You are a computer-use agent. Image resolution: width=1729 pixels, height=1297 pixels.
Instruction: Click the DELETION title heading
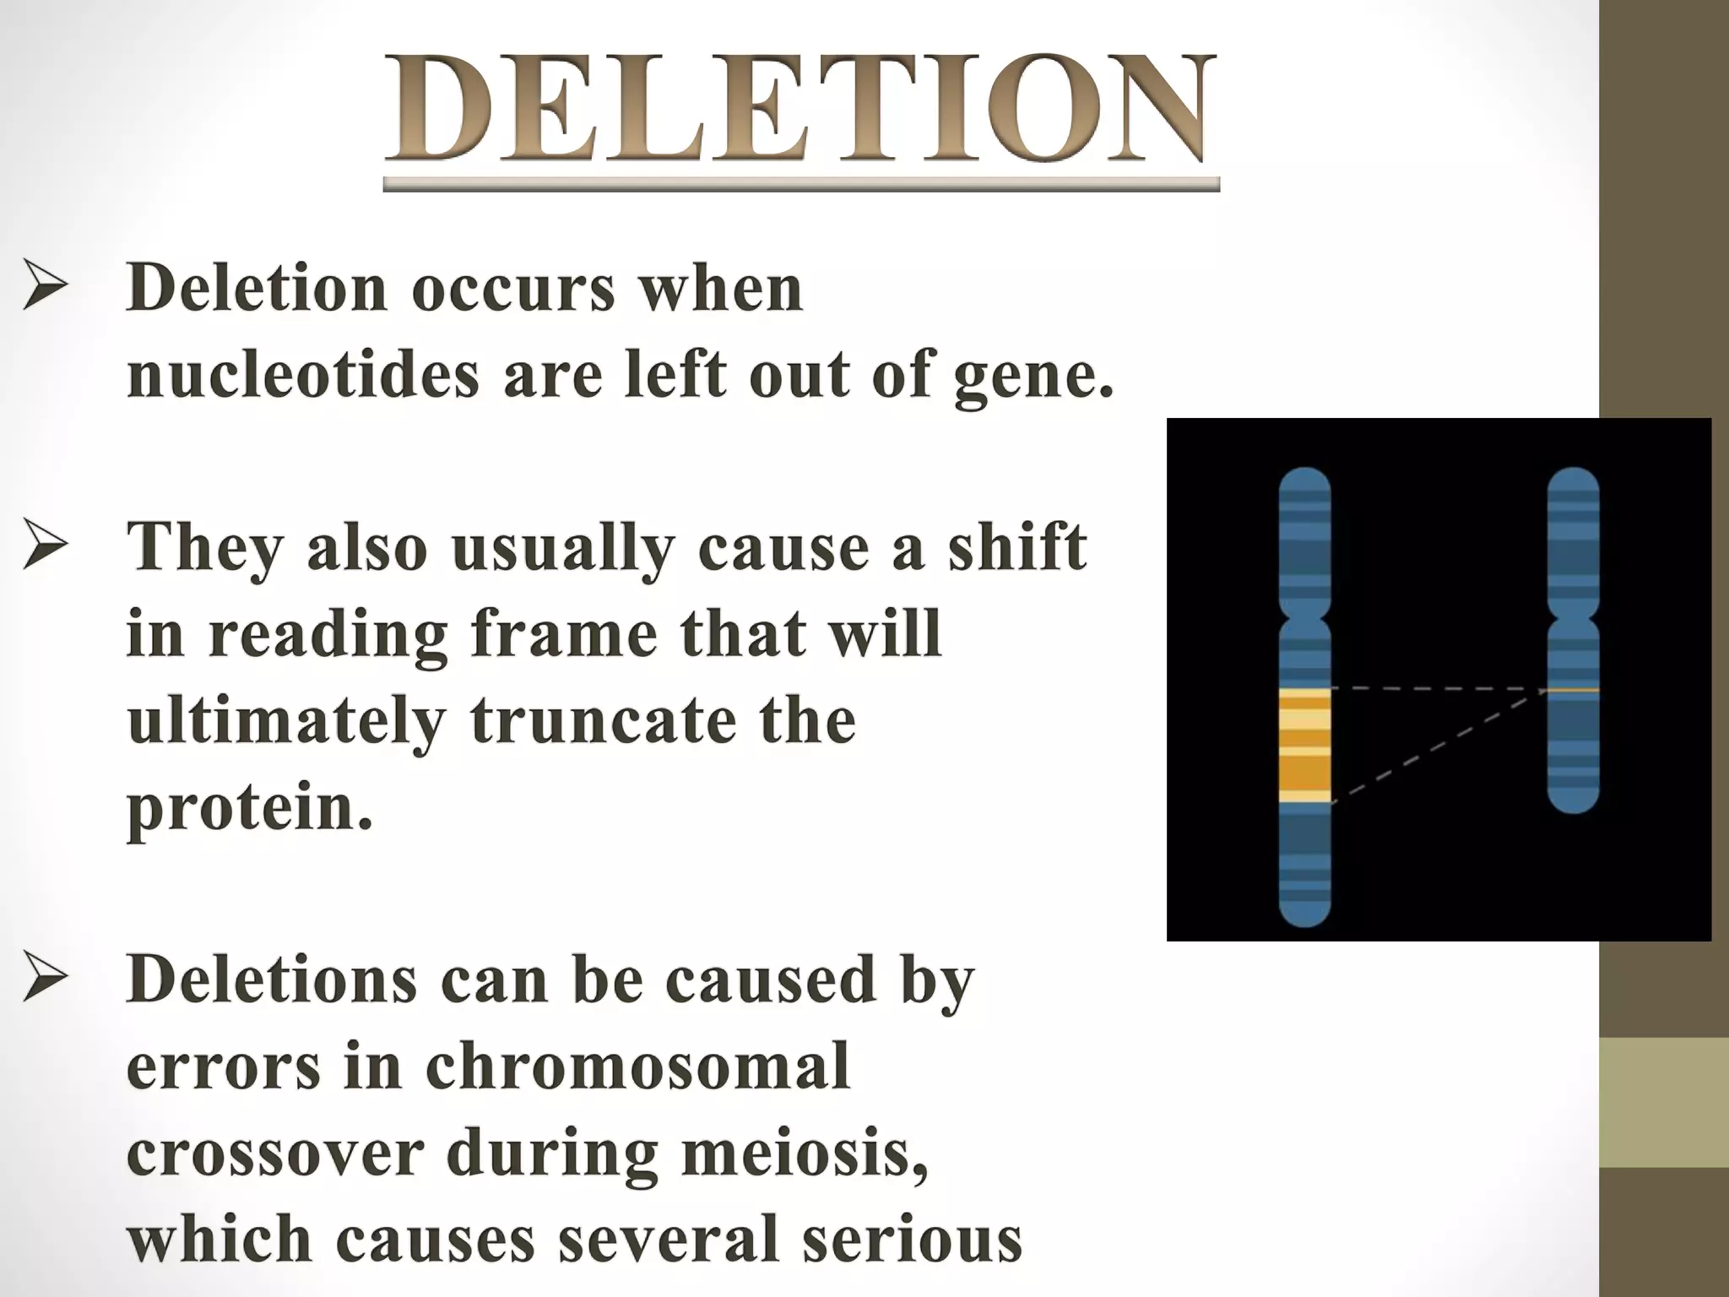click(x=800, y=110)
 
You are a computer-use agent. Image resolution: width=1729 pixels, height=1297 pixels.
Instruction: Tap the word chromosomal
click(x=637, y=1066)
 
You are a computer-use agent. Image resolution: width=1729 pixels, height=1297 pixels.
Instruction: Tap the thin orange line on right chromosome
click(x=1573, y=690)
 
